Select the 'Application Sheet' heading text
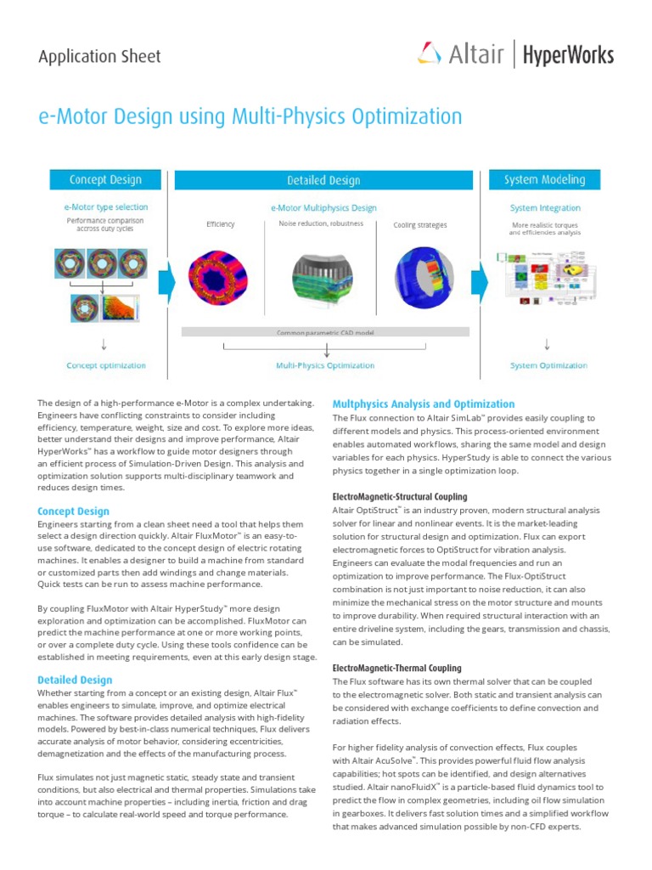pyautogui.click(x=99, y=57)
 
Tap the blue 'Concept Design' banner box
pyautogui.click(x=105, y=179)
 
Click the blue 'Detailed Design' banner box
pyautogui.click(x=323, y=180)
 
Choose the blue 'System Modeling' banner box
pyautogui.click(x=544, y=179)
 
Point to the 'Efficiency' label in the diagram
pyautogui.click(x=221, y=224)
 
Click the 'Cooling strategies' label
pyautogui.click(x=419, y=225)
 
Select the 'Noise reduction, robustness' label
pyautogui.click(x=321, y=223)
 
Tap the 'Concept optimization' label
pyautogui.click(x=106, y=365)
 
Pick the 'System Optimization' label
pyautogui.click(x=548, y=365)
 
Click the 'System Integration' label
pyautogui.click(x=545, y=207)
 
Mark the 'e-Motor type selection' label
pyautogui.click(x=105, y=206)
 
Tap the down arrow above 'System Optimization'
pyautogui.click(x=548, y=344)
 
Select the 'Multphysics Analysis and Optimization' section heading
pyautogui.click(x=423, y=404)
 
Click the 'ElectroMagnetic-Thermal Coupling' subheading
pyautogui.click(x=396, y=668)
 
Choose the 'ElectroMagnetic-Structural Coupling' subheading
pyautogui.click(x=399, y=496)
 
